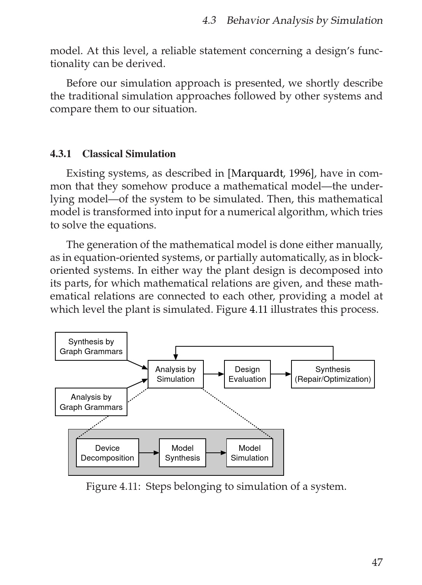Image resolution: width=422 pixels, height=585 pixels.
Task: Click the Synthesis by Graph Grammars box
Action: pyautogui.click(x=91, y=346)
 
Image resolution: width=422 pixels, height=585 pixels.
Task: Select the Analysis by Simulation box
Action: pyautogui.click(x=176, y=374)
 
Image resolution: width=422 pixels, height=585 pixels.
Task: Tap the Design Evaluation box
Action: pyautogui.click(x=247, y=374)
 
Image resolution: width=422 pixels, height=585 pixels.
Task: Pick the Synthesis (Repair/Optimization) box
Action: pyautogui.click(x=333, y=374)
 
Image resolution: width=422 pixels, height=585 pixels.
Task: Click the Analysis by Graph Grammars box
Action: pyautogui.click(x=91, y=402)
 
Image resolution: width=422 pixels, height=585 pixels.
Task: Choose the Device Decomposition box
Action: pyautogui.click(x=108, y=453)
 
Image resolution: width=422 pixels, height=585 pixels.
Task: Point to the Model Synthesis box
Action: pyautogui.click(x=182, y=453)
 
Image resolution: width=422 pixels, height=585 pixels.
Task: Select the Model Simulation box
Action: pyautogui.click(x=250, y=453)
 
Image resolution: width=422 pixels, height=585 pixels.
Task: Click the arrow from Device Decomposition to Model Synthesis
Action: pyautogui.click(x=149, y=453)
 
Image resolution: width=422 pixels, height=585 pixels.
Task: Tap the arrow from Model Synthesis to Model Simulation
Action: pyautogui.click(x=216, y=453)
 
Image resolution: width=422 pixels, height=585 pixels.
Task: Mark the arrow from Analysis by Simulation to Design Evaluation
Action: pyautogui.click(x=214, y=374)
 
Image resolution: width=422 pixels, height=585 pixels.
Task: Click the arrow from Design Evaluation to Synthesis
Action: pyautogui.click(x=281, y=374)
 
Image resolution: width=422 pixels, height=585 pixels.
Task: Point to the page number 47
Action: pyautogui.click(x=377, y=562)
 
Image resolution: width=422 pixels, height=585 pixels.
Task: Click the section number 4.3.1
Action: pyautogui.click(x=61, y=154)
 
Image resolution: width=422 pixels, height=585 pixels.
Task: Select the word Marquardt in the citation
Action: pyautogui.click(x=257, y=173)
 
